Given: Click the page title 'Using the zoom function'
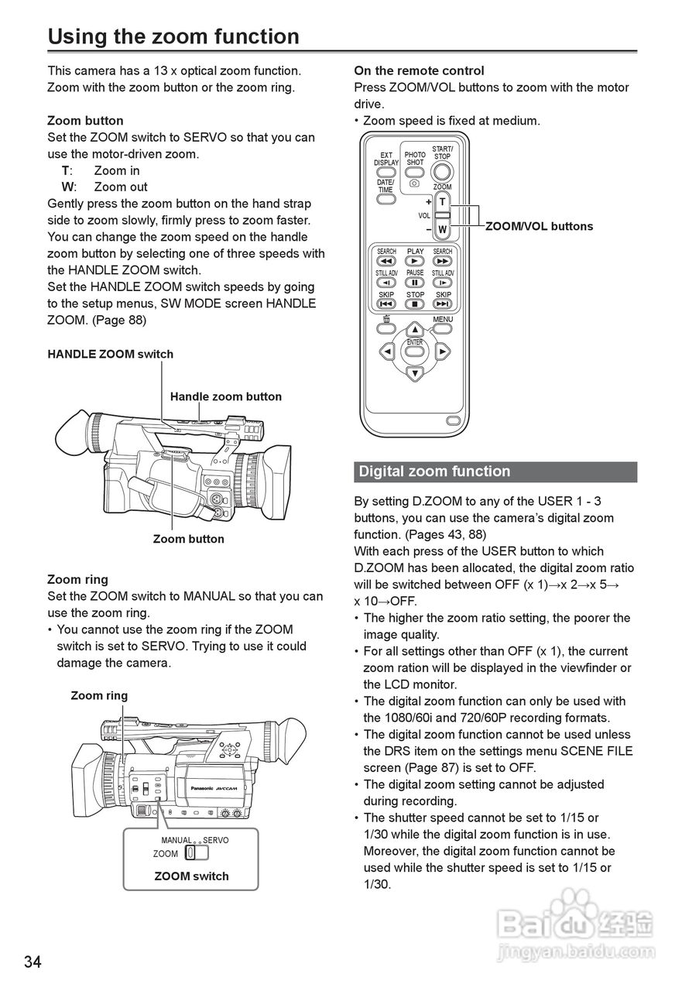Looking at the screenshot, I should tap(173, 36).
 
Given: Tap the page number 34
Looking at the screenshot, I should tap(33, 962).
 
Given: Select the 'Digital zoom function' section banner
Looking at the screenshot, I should tap(495, 471).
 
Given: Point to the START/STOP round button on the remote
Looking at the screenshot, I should tap(442, 173).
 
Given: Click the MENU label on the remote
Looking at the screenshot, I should tap(443, 319).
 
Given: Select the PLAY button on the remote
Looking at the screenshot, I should tap(416, 261).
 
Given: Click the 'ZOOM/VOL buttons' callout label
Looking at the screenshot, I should tap(539, 226).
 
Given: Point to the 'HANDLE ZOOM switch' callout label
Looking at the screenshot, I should tap(110, 355).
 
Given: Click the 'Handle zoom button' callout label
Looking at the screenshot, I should tap(226, 396).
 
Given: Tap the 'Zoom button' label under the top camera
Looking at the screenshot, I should tap(189, 539).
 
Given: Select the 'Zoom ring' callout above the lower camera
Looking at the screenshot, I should tap(99, 695).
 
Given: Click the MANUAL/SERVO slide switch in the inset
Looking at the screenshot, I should tap(197, 853).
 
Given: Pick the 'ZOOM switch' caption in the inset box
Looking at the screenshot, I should tap(191, 876).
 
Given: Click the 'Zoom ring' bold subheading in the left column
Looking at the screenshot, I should tap(77, 579).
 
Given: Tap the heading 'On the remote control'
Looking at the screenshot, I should tap(419, 70).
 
